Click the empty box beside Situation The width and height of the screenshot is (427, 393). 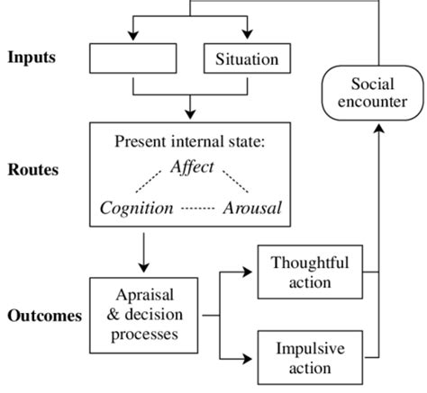pyautogui.click(x=132, y=59)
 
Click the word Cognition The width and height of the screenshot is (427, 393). pyautogui.click(x=137, y=209)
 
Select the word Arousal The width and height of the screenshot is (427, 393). pyautogui.click(x=251, y=209)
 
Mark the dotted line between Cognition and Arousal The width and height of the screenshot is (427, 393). pyautogui.click(x=197, y=209)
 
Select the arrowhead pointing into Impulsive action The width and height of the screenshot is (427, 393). pyautogui.click(x=250, y=359)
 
